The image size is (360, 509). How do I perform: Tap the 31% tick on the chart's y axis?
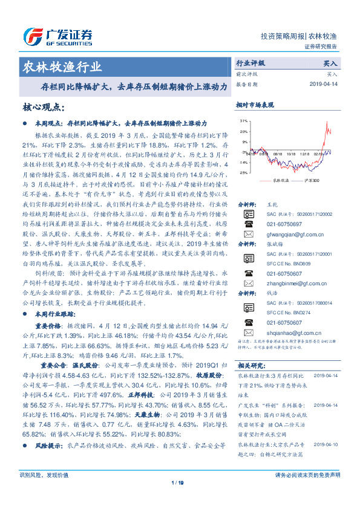(243, 121)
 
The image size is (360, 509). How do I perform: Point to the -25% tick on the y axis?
(243, 173)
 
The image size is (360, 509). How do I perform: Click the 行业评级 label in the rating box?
(250, 63)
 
